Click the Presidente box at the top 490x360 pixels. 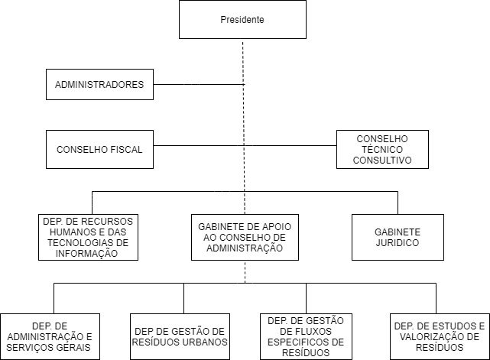tap(242, 19)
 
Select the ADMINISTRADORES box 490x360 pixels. tap(99, 84)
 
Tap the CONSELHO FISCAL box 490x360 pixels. tap(99, 149)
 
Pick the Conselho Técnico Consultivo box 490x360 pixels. tap(382, 149)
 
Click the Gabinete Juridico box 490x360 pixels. tap(398, 237)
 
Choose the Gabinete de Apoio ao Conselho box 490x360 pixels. tap(245, 237)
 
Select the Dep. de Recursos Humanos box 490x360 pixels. tap(88, 237)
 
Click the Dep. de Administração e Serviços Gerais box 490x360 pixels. tap(50, 336)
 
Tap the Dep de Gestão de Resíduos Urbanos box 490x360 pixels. tap(180, 336)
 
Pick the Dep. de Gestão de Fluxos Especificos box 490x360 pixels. tap(307, 336)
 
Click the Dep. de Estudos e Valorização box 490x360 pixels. tap(440, 336)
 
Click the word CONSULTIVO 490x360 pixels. tap(382, 160)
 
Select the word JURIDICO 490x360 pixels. tap(398, 243)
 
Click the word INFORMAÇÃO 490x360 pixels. tap(86, 253)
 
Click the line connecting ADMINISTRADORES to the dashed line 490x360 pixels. tap(199, 84)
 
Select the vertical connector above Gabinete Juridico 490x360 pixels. tap(398, 203)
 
